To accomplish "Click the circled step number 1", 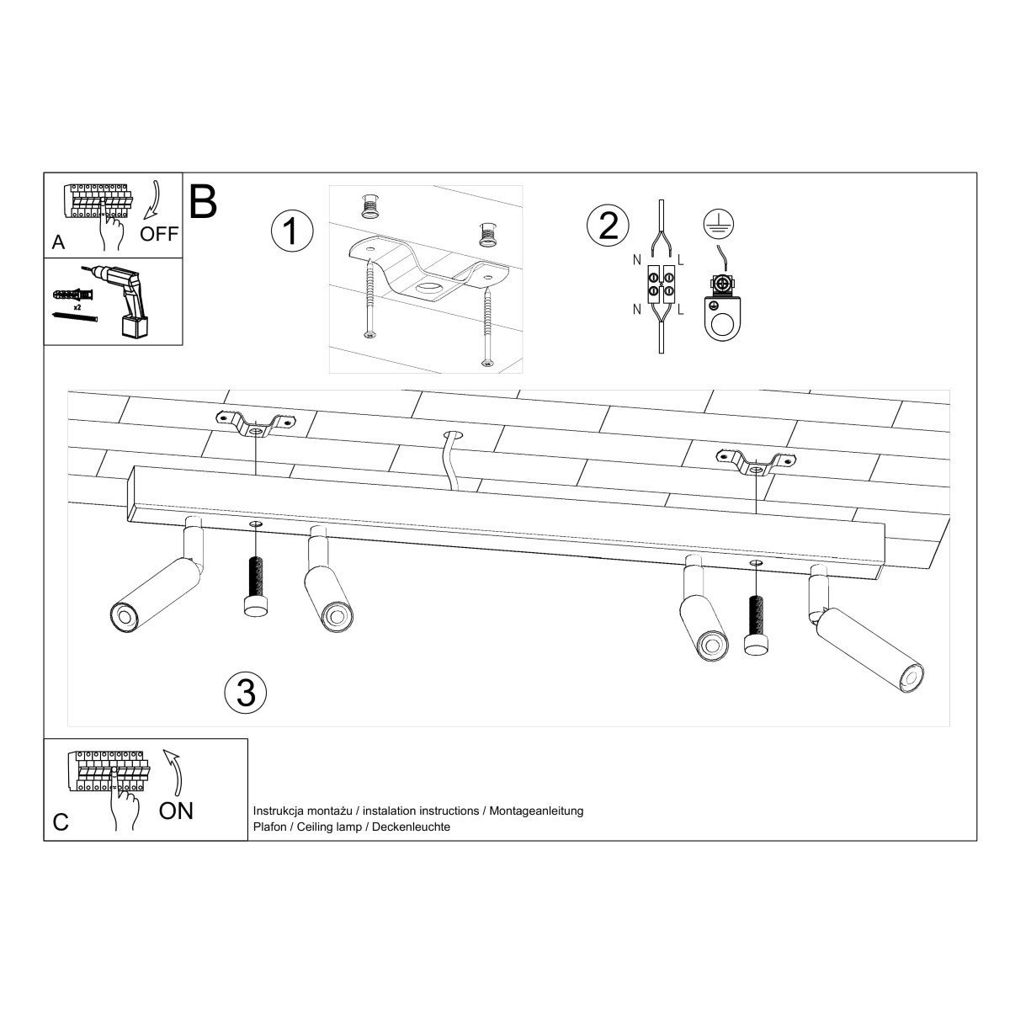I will pos(291,231).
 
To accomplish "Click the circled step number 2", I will pos(608,226).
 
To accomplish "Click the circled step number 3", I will pos(246,692).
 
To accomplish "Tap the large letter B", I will pos(203,201).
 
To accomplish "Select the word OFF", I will pos(159,234).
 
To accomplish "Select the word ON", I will pos(176,811).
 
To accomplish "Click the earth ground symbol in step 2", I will pos(717,222).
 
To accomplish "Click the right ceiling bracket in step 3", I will pos(755,461).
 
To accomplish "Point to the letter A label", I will pos(58,242).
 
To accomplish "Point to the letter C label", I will pos(61,821).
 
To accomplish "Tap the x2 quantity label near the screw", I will pos(77,309).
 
